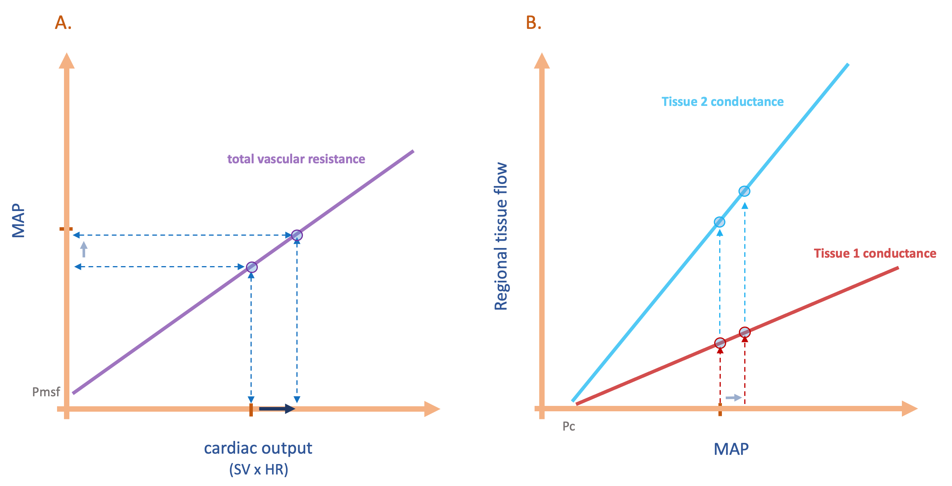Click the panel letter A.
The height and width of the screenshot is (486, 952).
[x=63, y=23]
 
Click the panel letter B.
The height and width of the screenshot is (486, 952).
[x=533, y=23]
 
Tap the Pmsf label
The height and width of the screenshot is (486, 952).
[x=46, y=392]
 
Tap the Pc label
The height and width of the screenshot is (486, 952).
[x=569, y=426]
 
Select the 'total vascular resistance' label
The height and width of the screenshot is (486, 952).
[x=296, y=159]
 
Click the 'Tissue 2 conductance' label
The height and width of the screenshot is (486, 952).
[x=722, y=102]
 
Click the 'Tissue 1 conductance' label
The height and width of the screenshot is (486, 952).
[x=875, y=253]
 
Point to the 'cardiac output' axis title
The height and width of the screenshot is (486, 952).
[x=258, y=448]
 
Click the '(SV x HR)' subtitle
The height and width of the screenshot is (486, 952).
[x=259, y=469]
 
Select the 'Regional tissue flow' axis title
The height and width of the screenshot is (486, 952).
[x=501, y=236]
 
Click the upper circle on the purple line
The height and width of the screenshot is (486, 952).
[x=297, y=235]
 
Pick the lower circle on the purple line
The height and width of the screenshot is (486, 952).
[x=251, y=267]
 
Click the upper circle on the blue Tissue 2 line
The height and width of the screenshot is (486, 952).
[x=744, y=191]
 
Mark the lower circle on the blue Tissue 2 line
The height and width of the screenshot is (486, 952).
[x=719, y=222]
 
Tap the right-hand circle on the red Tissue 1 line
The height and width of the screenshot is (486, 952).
[x=745, y=332]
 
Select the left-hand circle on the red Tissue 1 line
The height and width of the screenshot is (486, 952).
[x=720, y=343]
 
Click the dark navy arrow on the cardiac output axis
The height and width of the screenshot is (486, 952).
[x=277, y=409]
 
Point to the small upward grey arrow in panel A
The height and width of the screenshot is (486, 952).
[x=84, y=249]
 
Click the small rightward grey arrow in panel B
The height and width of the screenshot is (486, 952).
[x=733, y=397]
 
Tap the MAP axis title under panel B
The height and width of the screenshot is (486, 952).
[x=731, y=449]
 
